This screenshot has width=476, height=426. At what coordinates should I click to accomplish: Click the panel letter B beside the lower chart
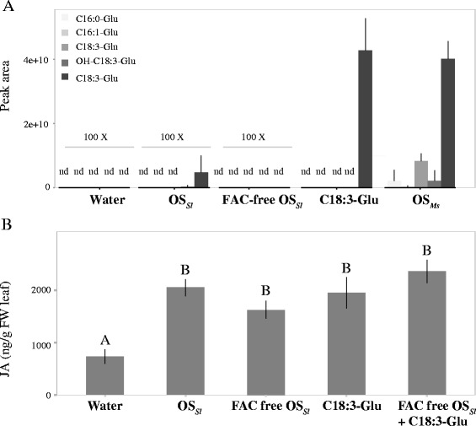pos(9,224)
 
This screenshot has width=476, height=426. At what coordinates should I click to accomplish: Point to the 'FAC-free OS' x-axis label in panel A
pos(254,202)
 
